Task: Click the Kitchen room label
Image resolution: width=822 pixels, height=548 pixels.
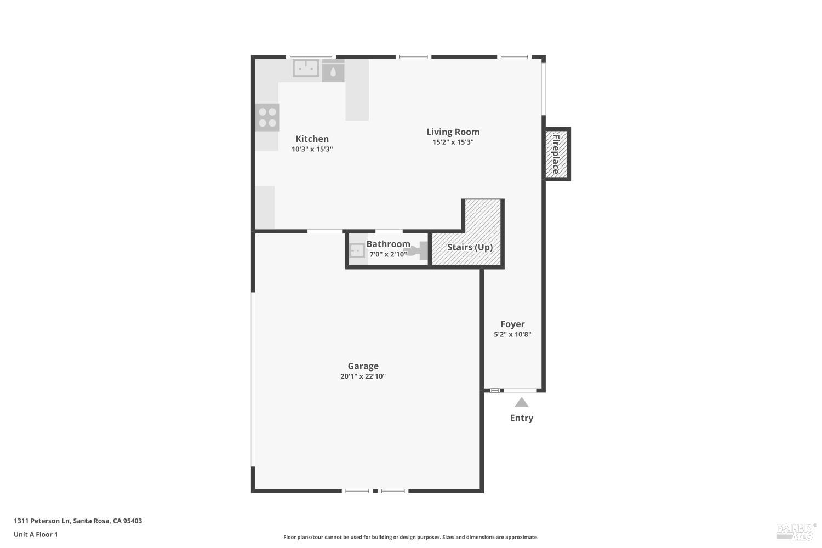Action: point(312,139)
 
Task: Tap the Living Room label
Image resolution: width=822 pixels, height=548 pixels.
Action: point(453,132)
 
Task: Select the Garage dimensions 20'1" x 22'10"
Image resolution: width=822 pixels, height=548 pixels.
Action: point(363,376)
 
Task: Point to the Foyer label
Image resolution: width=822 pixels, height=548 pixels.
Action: point(512,324)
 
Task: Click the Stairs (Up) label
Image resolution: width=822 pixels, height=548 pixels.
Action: point(470,247)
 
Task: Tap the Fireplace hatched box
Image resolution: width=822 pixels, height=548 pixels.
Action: point(556,154)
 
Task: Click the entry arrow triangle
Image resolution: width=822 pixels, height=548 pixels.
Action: point(522,403)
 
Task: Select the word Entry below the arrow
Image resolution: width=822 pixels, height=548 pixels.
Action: point(521,418)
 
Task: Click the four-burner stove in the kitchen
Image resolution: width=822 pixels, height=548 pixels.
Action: point(267,117)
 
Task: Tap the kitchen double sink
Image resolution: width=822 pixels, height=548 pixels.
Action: point(306,68)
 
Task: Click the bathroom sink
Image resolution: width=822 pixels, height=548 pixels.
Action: point(357,251)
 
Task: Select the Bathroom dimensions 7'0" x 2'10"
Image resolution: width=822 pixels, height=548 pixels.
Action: point(388,254)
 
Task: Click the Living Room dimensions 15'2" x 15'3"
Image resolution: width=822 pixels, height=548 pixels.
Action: point(453,142)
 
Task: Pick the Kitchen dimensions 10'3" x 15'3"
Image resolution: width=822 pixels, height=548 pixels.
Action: point(312,149)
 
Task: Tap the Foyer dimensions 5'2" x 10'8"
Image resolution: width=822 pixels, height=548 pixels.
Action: point(512,334)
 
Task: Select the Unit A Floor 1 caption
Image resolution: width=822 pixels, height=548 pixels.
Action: point(36,535)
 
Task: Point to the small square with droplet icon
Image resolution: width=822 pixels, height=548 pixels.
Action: point(333,72)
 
